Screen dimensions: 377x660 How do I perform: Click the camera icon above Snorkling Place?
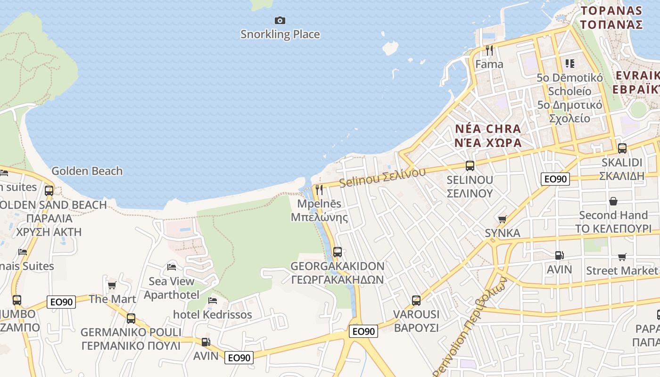[x=280, y=20]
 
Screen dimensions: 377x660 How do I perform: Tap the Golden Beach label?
[x=87, y=171]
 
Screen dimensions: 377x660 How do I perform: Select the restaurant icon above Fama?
[x=489, y=50]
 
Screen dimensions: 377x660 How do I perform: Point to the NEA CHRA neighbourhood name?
[x=488, y=136]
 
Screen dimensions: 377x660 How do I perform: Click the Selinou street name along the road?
[x=382, y=177]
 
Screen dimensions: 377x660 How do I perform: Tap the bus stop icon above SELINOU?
[x=470, y=165]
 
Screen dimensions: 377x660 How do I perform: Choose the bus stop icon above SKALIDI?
[x=622, y=148]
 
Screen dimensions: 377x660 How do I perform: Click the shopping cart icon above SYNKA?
[x=502, y=219]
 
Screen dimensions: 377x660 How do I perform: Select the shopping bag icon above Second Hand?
[x=613, y=201]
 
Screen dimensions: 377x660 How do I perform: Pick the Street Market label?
[x=621, y=270]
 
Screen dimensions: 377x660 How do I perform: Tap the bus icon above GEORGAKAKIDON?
[x=337, y=252]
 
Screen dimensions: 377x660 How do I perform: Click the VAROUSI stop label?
[x=416, y=320]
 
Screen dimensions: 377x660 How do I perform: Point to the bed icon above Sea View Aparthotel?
[x=172, y=267]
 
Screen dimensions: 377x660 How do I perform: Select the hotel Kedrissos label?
[x=212, y=314]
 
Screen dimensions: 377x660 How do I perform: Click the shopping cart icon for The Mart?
[x=112, y=285]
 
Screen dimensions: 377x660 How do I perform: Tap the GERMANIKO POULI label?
[x=131, y=338]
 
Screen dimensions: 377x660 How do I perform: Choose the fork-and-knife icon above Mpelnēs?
[x=319, y=190]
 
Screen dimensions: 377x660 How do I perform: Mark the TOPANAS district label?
[x=611, y=17]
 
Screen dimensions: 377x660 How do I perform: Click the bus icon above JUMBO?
[x=17, y=300]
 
